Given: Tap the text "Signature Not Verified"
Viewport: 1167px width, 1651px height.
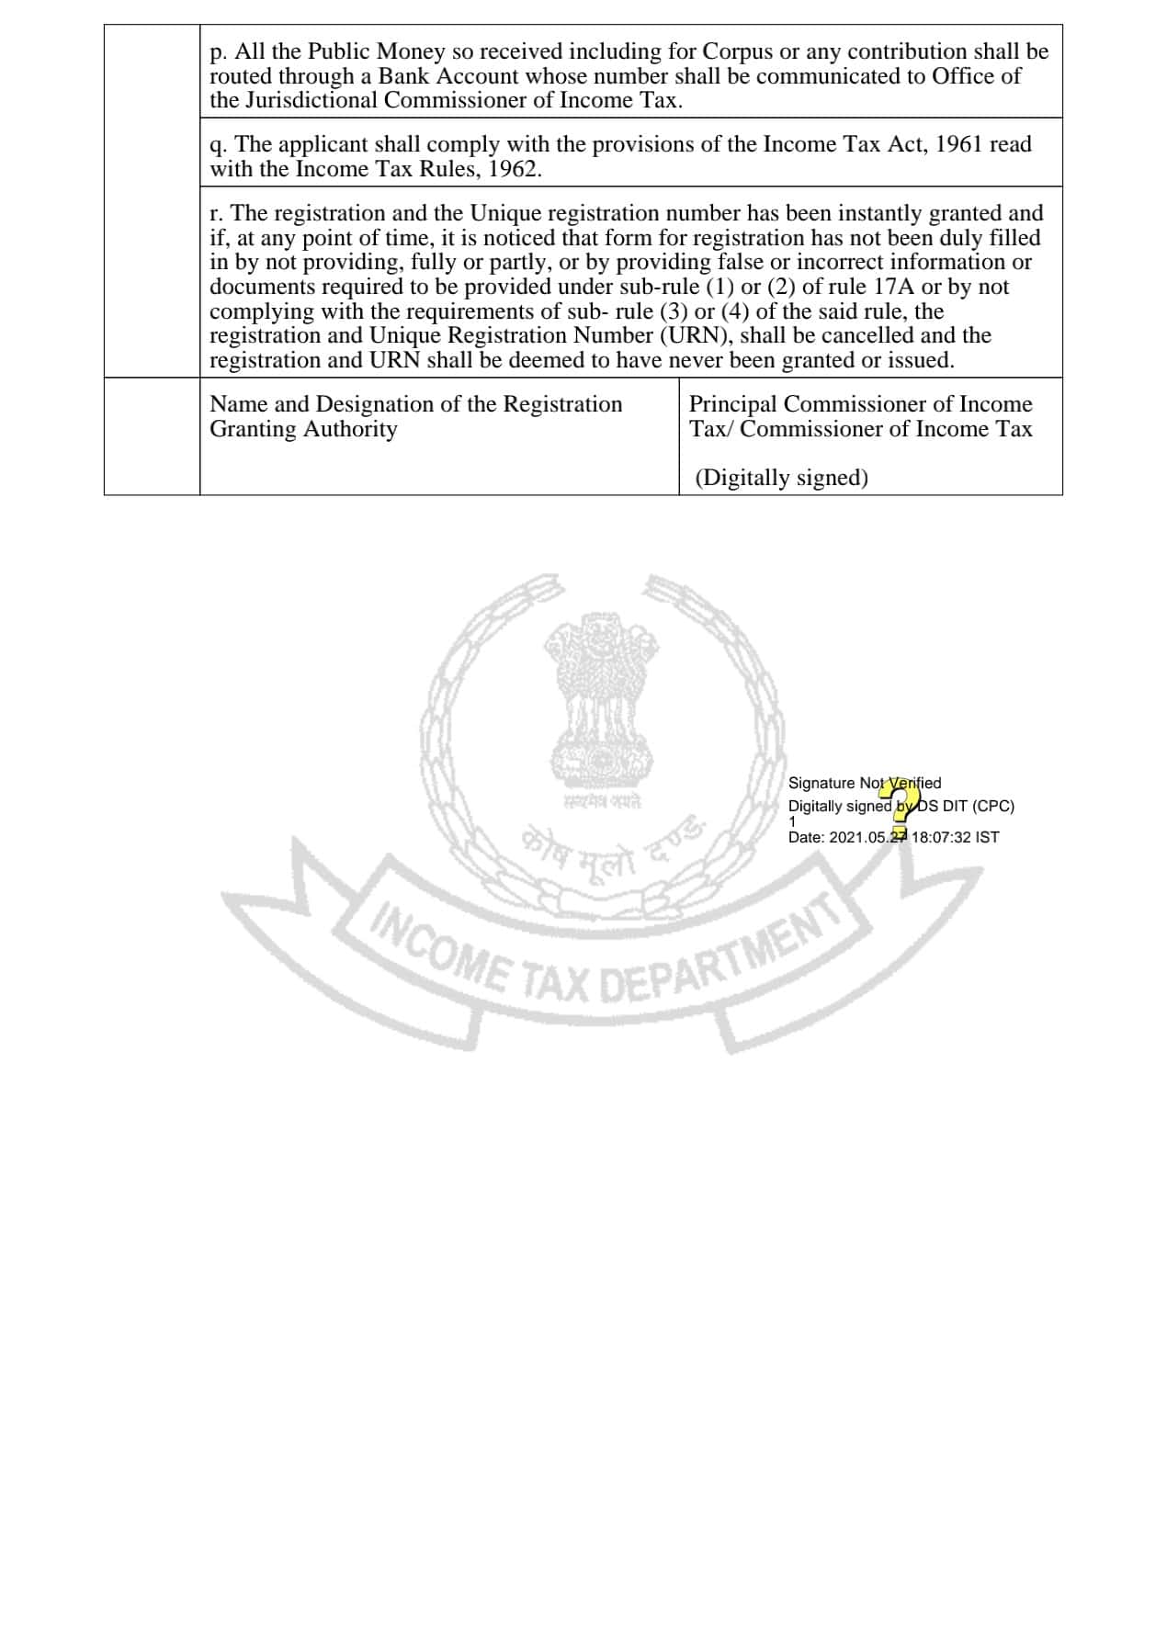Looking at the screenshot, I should point(864,783).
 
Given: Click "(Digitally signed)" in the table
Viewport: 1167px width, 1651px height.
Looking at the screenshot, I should point(781,478).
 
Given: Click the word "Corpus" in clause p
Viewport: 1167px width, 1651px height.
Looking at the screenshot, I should point(737,51).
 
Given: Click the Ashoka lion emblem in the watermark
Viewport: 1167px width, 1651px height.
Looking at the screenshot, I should point(602,698).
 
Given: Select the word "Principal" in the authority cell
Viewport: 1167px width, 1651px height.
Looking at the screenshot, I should point(732,404).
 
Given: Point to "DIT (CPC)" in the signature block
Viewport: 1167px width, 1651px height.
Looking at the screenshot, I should point(978,806).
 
